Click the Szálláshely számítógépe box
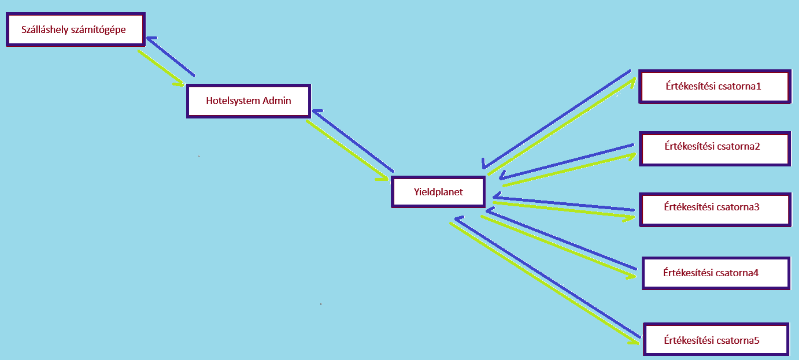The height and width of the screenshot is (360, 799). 76,29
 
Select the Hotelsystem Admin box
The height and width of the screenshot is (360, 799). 249,101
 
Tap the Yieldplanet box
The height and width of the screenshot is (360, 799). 438,192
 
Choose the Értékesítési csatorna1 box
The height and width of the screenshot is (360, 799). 715,87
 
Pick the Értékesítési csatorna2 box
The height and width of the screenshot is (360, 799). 715,149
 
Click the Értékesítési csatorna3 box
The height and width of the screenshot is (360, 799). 715,210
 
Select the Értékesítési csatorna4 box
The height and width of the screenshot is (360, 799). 716,273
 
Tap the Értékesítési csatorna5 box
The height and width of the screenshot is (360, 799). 716,339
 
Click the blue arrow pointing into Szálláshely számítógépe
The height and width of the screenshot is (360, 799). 171,56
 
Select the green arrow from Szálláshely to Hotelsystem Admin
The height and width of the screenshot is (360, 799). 161,68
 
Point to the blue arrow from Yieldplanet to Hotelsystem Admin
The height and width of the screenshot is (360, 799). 353,141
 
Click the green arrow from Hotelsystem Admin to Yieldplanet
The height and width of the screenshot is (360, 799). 347,150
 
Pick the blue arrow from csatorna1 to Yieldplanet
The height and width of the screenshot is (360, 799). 556,120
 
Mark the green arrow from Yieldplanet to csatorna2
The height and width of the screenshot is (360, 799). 569,170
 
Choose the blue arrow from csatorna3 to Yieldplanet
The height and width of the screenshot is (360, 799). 564,203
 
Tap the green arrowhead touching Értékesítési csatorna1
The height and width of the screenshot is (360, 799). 632,83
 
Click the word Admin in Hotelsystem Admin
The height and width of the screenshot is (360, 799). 277,101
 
